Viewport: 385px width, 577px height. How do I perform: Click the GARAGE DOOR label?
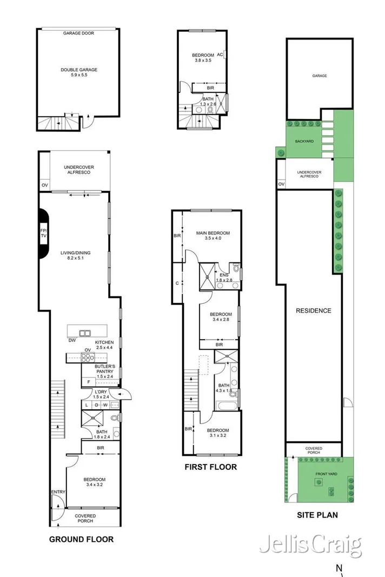[x=78, y=33]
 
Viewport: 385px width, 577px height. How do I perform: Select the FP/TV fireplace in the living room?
[x=43, y=234]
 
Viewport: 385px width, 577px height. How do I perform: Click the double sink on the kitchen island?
[x=85, y=333]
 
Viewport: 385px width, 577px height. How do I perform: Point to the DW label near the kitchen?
[x=72, y=341]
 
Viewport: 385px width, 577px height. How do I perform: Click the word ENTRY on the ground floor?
[x=58, y=492]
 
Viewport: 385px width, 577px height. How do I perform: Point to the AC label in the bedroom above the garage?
[x=220, y=55]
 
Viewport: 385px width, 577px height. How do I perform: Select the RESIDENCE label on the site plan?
[x=313, y=310]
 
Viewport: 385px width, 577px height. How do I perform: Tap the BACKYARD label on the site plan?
[x=304, y=141]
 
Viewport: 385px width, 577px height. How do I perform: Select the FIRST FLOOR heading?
[x=210, y=467]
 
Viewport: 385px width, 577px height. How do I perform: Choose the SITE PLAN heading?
[x=317, y=515]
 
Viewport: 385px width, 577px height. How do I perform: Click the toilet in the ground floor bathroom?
[x=114, y=418]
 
